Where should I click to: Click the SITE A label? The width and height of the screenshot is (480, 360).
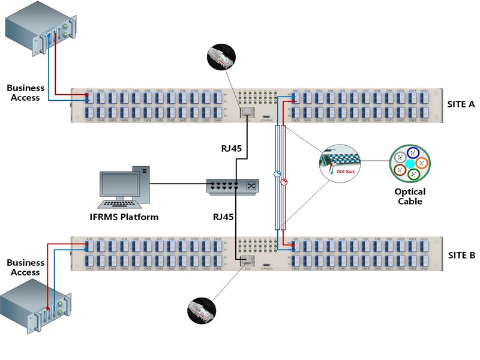pos(461,104)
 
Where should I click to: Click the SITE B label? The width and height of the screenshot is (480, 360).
pos(461,255)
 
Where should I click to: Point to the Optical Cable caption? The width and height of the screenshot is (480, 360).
pos(410,196)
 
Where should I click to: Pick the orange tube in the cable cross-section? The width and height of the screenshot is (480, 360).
pos(421,162)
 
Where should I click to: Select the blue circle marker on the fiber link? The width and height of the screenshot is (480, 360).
pos(277,174)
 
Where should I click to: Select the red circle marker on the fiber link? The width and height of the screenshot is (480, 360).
pos(284,181)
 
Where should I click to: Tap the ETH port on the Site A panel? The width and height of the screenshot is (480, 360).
pos(246,112)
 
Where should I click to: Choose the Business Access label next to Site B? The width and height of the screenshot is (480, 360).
pos(25,267)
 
